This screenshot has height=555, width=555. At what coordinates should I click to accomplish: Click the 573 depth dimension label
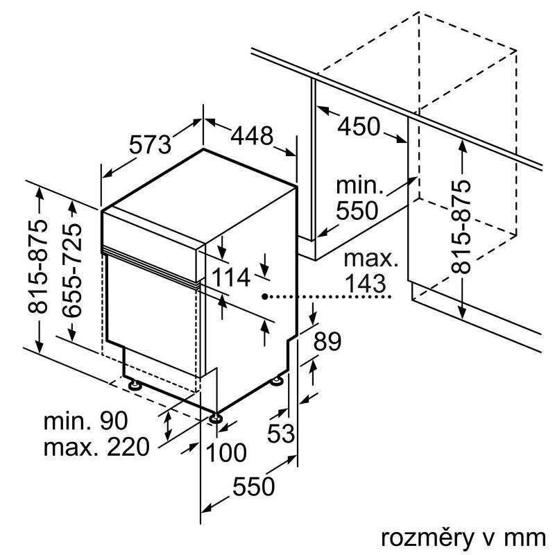(149, 144)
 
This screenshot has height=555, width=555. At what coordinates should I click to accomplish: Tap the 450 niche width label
(359, 126)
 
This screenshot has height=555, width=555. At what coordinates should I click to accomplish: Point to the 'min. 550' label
(358, 197)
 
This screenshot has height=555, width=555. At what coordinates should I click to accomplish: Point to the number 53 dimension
(282, 434)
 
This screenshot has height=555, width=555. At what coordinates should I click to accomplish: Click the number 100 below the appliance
(226, 453)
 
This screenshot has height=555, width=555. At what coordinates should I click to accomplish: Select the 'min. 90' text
(87, 420)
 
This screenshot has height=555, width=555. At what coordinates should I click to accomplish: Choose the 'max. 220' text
(96, 447)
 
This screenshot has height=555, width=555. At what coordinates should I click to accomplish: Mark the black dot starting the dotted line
(265, 297)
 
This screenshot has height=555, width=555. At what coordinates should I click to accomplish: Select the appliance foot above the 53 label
(278, 380)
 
